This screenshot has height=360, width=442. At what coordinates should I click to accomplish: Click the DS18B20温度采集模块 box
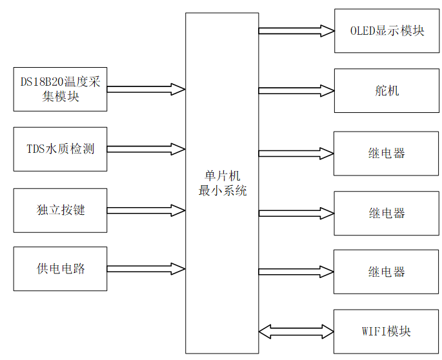[60, 88]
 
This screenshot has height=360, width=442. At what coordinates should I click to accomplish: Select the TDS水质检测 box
[60, 149]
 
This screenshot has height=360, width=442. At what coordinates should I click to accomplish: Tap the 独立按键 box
[60, 210]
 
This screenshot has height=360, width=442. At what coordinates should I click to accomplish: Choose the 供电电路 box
[60, 268]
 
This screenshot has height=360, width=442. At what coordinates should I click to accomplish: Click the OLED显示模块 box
[387, 31]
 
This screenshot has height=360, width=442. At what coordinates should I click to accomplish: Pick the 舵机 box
[387, 90]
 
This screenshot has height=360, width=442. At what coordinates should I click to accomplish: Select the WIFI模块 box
[387, 332]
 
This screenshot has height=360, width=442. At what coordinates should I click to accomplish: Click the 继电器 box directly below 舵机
[387, 153]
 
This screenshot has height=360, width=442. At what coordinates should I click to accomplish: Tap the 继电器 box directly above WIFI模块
[387, 272]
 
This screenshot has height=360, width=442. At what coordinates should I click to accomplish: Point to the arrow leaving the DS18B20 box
[146, 88]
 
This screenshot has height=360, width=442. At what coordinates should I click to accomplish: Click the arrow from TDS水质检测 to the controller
[146, 149]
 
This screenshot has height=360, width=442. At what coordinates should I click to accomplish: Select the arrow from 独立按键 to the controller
[146, 210]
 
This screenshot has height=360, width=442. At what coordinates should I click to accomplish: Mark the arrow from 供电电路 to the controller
[146, 268]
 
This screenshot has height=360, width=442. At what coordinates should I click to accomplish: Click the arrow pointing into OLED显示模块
[296, 30]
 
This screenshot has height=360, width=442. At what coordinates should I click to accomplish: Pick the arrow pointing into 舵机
[296, 90]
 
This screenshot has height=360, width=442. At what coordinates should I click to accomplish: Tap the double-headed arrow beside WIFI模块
[296, 332]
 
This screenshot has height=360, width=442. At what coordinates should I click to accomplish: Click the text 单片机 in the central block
[222, 176]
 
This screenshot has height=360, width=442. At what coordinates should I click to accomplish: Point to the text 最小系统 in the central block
[222, 191]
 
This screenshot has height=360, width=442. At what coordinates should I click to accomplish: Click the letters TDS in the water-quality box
[35, 149]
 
